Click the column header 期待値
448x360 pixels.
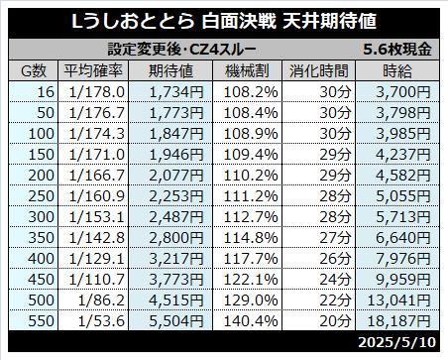coord(170,70)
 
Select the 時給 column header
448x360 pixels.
coord(397,70)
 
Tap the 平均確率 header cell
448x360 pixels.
coord(93,70)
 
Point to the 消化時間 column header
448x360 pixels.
coord(319,70)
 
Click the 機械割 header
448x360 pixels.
coord(247,70)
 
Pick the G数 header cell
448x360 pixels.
coord(34,70)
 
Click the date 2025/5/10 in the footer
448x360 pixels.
coord(396,342)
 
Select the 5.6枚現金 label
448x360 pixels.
coord(397,50)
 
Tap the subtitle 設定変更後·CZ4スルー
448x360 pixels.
coord(181,50)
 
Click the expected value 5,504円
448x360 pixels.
coord(176,321)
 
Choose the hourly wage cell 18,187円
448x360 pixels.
coord(398,321)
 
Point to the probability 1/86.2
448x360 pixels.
coord(101,300)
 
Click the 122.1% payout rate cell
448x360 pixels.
coord(251,280)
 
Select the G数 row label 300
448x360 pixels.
coord(41,217)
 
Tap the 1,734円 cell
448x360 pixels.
coord(176,92)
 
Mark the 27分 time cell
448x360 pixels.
coord(335,238)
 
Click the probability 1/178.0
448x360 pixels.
coord(97,92)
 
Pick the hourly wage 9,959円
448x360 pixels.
coord(403,280)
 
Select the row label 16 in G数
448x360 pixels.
coord(46,92)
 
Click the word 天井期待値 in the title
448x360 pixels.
coord(329,22)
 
